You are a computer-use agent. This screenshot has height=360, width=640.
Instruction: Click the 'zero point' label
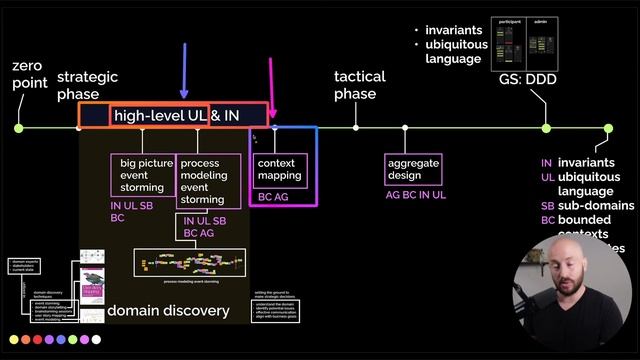pyautogui.click(x=28, y=75)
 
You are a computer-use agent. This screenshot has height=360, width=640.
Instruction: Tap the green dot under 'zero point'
pyautogui.click(x=19, y=128)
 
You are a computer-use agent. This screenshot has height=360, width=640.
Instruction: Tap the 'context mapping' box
pyautogui.click(x=279, y=168)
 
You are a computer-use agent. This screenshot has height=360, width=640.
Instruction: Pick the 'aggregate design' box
pyautogui.click(x=413, y=168)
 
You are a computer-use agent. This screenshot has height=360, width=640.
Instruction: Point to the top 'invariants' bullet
pyautogui.click(x=456, y=31)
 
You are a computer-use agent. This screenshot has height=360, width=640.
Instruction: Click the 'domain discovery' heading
pyautogui.click(x=168, y=310)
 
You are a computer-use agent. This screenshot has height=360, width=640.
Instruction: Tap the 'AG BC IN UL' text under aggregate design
pyautogui.click(x=416, y=196)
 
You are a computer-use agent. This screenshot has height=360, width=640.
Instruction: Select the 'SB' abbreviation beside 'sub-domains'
pyautogui.click(x=547, y=205)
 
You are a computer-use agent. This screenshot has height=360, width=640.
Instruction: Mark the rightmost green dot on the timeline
pyautogui.click(x=608, y=128)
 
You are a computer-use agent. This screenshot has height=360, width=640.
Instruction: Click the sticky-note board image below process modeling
pyautogui.click(x=190, y=264)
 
